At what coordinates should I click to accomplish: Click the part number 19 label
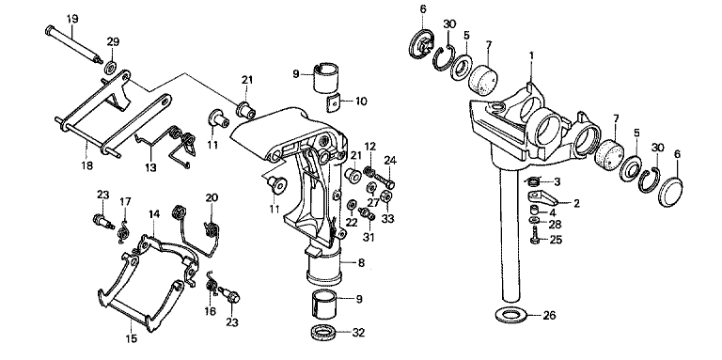[x=72, y=19]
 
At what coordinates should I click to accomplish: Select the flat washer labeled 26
[x=510, y=316]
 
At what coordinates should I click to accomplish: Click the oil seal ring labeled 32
[x=322, y=332]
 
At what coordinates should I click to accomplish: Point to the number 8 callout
[x=361, y=263]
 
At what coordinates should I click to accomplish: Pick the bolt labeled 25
[x=536, y=235]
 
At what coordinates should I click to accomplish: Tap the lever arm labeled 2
[x=542, y=197]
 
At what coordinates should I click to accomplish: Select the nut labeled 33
[x=386, y=197]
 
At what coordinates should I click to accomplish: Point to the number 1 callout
[x=531, y=55]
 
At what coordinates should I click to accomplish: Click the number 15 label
[x=132, y=338]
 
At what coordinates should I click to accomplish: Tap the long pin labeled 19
[x=74, y=44]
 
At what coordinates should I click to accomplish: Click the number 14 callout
[x=154, y=214]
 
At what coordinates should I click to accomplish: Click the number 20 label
[x=212, y=198]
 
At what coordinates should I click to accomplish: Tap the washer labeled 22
[x=352, y=203]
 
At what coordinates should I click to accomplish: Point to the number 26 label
[x=549, y=315]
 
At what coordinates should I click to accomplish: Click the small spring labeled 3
[x=531, y=180]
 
